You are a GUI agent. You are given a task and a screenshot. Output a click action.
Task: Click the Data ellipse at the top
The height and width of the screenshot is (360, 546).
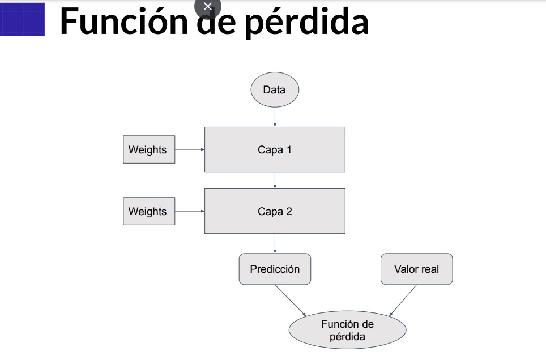(x=275, y=89)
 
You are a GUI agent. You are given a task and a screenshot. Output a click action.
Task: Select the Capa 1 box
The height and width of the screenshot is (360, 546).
(x=275, y=149)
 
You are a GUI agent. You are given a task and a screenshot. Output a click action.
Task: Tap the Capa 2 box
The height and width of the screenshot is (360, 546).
(x=275, y=211)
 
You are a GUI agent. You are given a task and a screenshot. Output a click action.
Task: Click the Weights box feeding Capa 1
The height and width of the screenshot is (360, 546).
(x=149, y=149)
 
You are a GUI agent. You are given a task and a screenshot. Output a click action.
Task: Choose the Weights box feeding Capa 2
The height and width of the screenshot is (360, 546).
(x=149, y=211)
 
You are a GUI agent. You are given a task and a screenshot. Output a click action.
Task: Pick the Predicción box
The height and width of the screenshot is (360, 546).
(x=275, y=269)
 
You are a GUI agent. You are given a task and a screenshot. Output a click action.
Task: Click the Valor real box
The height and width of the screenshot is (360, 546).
(x=416, y=269)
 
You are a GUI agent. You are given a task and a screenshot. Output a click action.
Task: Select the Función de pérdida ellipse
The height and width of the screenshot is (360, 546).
(x=347, y=331)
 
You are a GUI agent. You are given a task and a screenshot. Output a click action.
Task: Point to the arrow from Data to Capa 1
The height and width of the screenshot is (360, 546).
(x=275, y=117)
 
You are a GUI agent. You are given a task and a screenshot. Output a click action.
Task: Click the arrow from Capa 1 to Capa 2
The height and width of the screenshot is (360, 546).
(x=275, y=180)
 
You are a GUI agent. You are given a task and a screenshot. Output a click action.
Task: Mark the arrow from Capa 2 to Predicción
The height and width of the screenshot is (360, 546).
(x=275, y=243)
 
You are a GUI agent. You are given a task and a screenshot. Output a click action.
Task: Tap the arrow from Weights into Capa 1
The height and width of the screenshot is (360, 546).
(x=190, y=149)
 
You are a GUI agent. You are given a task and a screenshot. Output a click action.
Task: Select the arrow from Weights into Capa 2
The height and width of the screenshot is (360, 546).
(x=190, y=211)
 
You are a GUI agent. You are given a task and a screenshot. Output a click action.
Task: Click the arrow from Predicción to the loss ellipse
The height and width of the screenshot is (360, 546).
(x=291, y=300)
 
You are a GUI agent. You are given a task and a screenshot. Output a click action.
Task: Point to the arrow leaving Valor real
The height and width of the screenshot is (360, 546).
(x=403, y=300)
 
